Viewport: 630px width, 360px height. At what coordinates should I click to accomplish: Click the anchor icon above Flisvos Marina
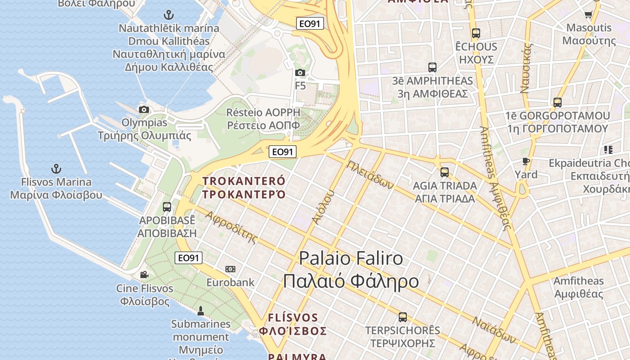click(x=56, y=169)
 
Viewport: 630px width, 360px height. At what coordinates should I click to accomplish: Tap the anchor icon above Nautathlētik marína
click(x=169, y=15)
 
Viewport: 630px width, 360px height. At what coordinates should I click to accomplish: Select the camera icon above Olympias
click(x=144, y=109)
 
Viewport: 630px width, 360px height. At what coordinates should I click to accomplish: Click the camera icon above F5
click(x=300, y=72)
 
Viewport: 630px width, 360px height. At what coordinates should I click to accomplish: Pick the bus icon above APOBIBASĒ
click(x=167, y=207)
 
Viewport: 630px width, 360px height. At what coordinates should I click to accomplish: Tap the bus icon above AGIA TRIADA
click(x=445, y=172)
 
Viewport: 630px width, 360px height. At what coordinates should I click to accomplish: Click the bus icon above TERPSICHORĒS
click(x=403, y=317)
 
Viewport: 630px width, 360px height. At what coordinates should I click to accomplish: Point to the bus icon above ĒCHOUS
click(x=476, y=33)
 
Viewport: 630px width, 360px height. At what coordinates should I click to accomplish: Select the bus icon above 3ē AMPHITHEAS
click(x=432, y=67)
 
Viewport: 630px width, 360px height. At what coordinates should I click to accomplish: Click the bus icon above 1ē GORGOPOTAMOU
click(x=558, y=103)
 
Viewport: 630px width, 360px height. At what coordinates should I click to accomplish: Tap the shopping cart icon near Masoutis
click(x=588, y=14)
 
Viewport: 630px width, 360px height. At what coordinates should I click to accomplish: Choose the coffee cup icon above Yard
click(x=526, y=162)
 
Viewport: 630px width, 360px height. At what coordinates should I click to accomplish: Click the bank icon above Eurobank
click(x=230, y=269)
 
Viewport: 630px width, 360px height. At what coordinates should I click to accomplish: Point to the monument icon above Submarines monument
click(x=201, y=310)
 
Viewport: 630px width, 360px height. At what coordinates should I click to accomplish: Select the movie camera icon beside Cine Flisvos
click(x=144, y=275)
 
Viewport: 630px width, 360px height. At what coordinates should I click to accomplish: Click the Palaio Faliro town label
click(x=351, y=269)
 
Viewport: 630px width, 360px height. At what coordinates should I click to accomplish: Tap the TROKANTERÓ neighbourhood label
click(x=244, y=188)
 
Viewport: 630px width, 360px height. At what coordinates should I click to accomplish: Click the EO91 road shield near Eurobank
click(x=189, y=258)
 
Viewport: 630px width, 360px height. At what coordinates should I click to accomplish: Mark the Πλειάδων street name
click(x=370, y=175)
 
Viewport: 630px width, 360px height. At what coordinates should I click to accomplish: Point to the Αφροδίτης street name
click(x=232, y=226)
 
